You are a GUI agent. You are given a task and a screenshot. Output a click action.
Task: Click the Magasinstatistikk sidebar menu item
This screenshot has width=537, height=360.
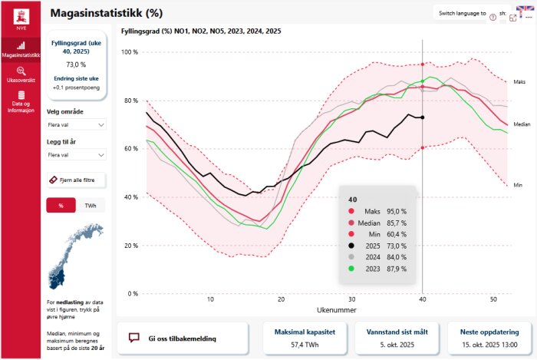(x=21, y=49)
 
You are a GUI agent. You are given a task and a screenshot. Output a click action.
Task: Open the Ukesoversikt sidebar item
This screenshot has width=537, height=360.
(x=21, y=74)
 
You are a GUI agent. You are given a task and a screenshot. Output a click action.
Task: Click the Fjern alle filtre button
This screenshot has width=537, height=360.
(x=76, y=180)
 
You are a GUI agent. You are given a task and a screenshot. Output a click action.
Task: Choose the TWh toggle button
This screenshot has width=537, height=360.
(x=91, y=205)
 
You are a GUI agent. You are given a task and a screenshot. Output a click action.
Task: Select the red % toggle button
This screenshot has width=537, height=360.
(x=61, y=205)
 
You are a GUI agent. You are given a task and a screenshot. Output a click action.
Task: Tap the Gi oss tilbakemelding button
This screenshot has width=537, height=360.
(x=183, y=338)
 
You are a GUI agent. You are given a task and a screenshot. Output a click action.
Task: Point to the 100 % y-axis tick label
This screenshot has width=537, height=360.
(x=130, y=52)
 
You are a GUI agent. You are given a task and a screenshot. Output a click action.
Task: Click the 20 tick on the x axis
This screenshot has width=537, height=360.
(x=281, y=299)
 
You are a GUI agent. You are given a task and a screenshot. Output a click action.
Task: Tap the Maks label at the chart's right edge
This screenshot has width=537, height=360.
(x=519, y=81)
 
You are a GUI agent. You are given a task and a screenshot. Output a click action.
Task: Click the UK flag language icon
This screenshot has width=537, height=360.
(x=525, y=10)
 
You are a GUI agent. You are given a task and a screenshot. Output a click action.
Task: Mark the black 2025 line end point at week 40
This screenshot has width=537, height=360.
(x=423, y=117)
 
